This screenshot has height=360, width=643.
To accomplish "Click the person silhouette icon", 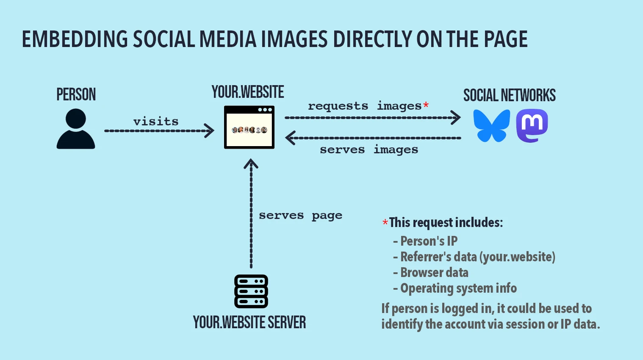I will (x=76, y=129).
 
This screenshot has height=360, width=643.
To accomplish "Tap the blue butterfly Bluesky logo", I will (x=491, y=126).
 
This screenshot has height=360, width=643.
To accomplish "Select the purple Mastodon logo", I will (x=532, y=126).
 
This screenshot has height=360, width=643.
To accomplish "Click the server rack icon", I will (x=251, y=291).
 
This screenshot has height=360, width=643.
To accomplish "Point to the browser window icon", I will (x=249, y=127).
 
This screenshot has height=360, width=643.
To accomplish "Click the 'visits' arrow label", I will (x=156, y=122).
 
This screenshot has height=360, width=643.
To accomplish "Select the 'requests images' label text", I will (x=364, y=106).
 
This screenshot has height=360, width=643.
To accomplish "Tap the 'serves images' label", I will (x=369, y=150).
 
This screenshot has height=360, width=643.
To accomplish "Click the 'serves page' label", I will (x=300, y=216).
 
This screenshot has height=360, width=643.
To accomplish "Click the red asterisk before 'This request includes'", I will (x=385, y=223).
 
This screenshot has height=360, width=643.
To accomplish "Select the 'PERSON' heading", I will (x=76, y=94).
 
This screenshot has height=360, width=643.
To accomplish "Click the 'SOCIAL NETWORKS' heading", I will (x=509, y=96).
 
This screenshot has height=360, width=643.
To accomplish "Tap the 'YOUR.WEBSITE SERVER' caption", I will (x=249, y=322).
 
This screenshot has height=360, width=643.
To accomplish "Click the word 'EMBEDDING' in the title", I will (x=75, y=39).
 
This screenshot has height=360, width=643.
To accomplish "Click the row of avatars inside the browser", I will (x=249, y=130).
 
